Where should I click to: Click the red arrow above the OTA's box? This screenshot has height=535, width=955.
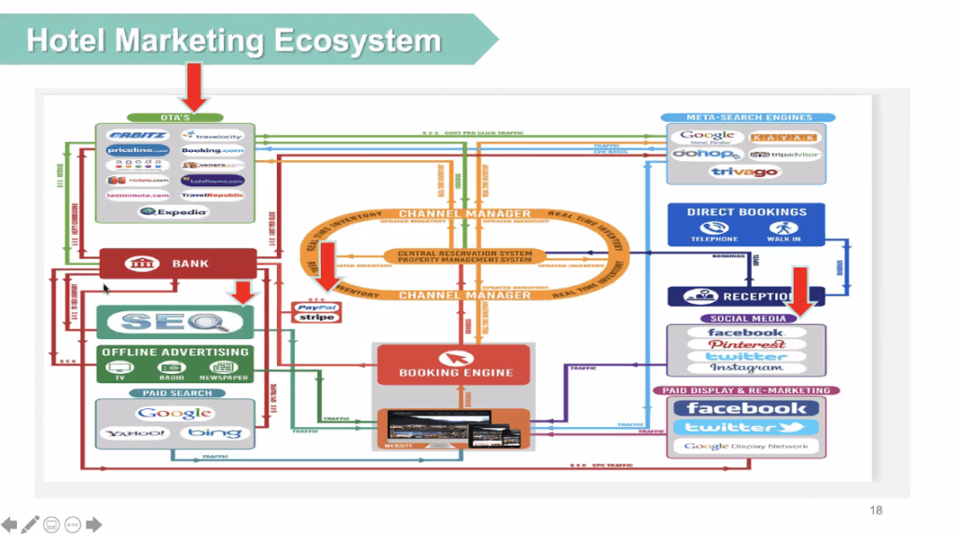click(x=195, y=87)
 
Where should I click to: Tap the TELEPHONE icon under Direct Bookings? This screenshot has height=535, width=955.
click(x=714, y=230)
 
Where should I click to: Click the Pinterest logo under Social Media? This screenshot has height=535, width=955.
click(x=746, y=344)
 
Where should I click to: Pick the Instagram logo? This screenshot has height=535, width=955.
click(x=746, y=368)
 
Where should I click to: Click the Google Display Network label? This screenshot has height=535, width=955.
click(x=745, y=446)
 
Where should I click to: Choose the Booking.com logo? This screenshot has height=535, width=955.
click(x=213, y=150)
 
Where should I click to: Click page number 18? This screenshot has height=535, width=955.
click(x=875, y=510)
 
